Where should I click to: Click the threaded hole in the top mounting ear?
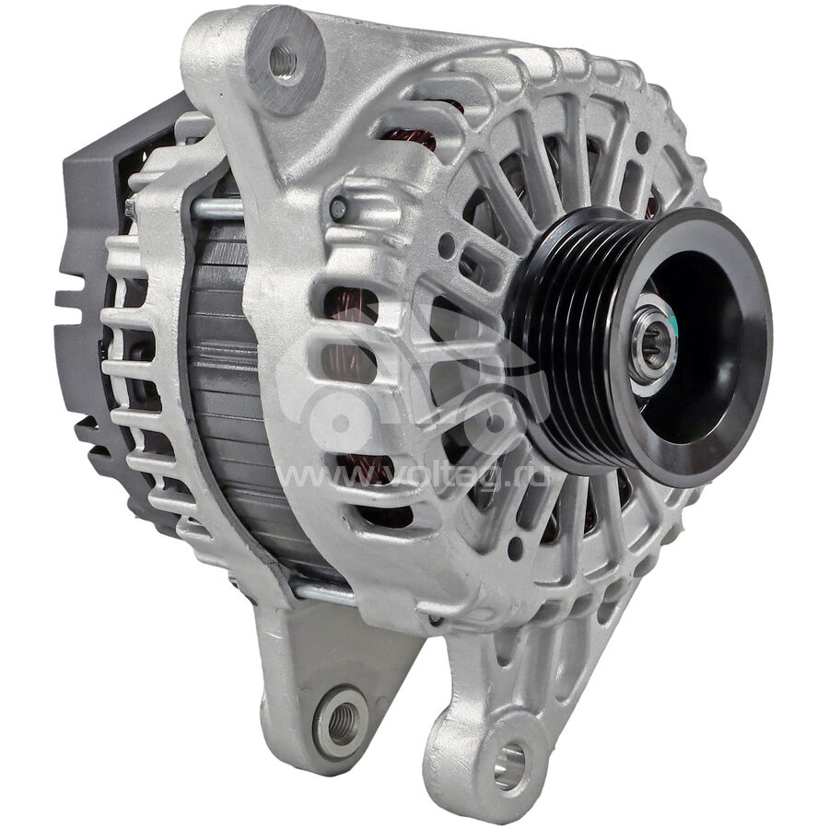283,60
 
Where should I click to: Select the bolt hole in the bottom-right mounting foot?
509,767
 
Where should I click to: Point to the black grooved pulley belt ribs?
560,338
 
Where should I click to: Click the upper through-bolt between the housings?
217,208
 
